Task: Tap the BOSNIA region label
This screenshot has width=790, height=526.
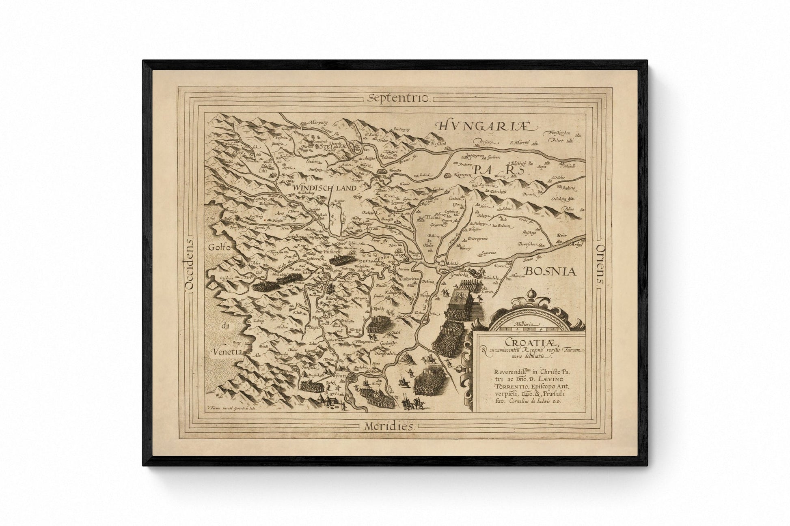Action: point(550,271)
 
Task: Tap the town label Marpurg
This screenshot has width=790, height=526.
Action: point(312,121)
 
